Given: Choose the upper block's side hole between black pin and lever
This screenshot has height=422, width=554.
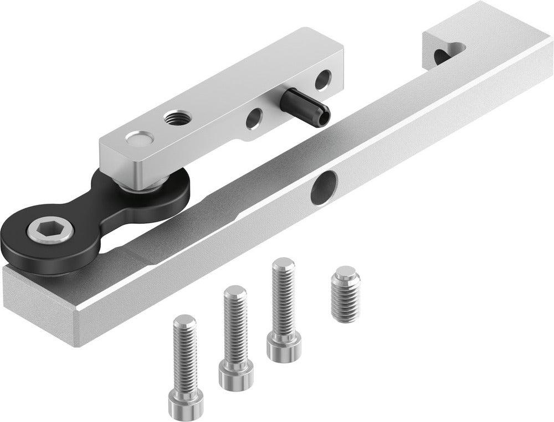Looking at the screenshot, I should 254,117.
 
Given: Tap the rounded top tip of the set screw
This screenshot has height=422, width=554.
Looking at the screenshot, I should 345,272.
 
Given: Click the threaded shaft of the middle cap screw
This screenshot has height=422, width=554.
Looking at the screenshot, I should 235,324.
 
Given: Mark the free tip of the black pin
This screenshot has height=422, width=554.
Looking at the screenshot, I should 323,112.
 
